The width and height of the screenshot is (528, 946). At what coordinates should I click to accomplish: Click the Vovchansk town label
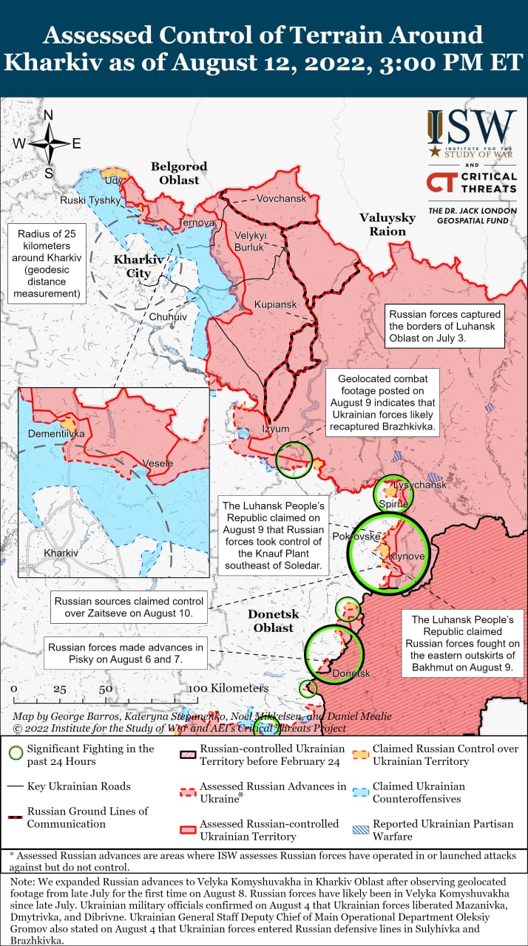tap(281, 199)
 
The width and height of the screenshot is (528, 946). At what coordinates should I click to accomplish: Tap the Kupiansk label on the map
tap(275, 304)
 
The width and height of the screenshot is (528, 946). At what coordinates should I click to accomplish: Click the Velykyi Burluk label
tap(249, 241)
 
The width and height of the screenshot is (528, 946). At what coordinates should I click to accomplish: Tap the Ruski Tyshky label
tap(90, 200)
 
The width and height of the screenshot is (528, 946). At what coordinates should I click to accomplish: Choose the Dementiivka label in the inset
tap(56, 434)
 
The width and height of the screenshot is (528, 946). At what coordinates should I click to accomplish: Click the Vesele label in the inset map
tap(158, 463)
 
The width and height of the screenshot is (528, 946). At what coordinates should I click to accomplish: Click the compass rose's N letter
tap(49, 115)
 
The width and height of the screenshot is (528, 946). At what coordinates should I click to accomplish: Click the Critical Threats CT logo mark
tap(441, 183)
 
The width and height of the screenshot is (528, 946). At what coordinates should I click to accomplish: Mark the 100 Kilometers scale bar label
tap(227, 689)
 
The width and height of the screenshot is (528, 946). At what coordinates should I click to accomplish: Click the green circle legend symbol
tap(16, 754)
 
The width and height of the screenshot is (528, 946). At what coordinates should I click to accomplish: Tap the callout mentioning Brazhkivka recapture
tap(381, 403)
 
